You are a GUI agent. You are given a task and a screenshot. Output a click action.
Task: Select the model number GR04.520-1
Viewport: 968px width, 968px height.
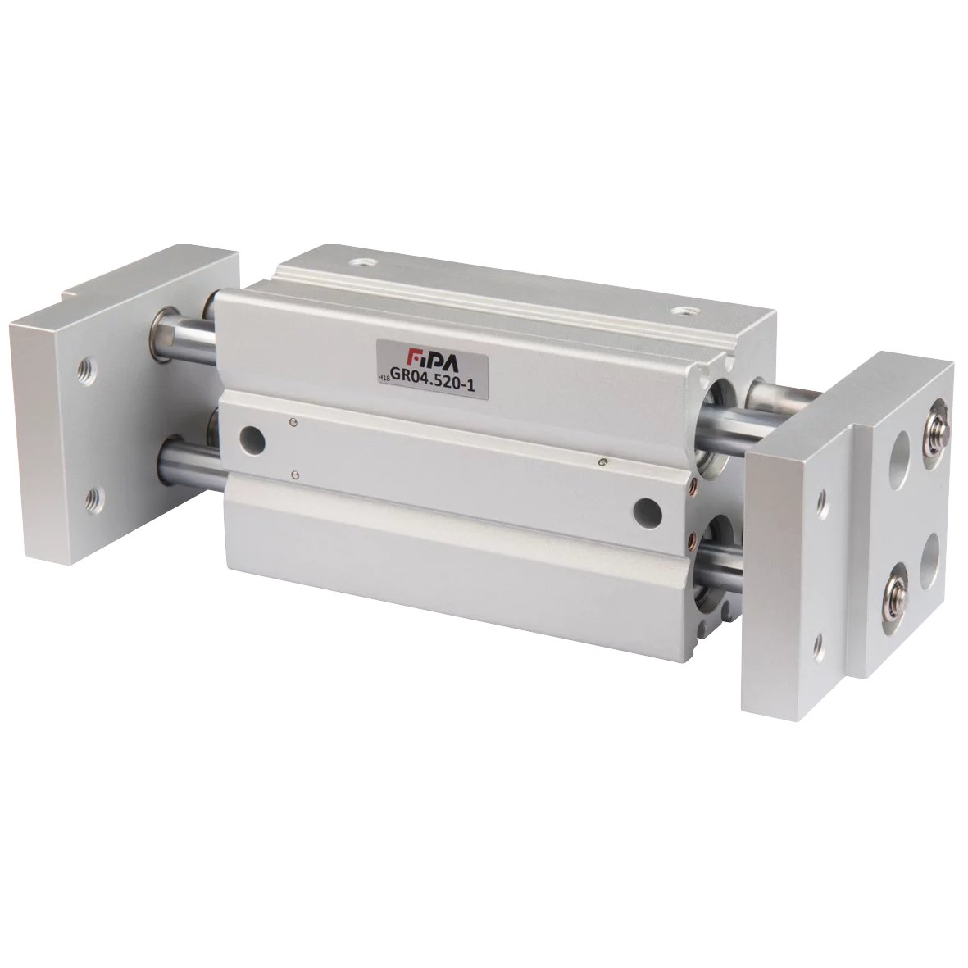pyautogui.click(x=433, y=375)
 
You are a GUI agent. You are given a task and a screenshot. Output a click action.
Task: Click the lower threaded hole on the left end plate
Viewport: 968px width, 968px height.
pyautogui.click(x=94, y=494)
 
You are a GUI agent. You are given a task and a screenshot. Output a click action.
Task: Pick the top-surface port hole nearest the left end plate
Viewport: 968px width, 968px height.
pyautogui.click(x=359, y=263)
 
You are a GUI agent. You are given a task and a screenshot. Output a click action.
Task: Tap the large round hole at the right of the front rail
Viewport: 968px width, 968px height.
pyautogui.click(x=647, y=511)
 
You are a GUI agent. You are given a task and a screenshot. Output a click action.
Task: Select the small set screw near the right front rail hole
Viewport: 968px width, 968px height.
pyautogui.click(x=603, y=464)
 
